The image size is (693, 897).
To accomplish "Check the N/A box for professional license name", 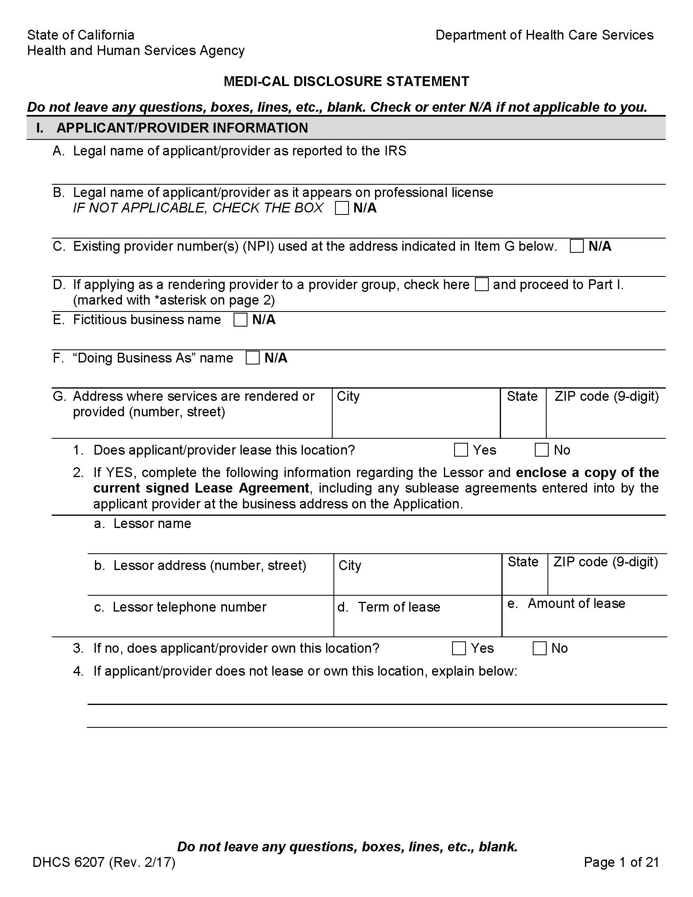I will pos(342,208).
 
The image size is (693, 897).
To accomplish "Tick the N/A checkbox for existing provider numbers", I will pos(576,246).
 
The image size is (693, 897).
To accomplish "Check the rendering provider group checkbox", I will pos(481,285).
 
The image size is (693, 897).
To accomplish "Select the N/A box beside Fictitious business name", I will pos(240,320).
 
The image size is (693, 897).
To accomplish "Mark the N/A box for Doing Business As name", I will pos(252,358).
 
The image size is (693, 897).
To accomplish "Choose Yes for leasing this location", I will pos(461,450).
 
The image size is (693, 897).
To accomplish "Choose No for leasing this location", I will pos(541,450).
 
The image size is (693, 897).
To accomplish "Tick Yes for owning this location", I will pos(459,649).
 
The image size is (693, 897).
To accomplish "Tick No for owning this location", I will pos(539,649).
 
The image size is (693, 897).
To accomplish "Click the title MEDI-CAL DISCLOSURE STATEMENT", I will pos(346,81).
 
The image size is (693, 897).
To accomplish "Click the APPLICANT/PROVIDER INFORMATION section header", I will pos(182,128).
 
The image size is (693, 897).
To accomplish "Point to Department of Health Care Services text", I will pos(544,35).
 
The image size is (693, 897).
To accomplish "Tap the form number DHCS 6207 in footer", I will pos(104,862).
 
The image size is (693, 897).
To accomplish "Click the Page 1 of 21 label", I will pos(621,862).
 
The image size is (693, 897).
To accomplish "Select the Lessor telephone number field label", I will pos(189,607).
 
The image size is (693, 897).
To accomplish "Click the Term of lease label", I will pos(398,607).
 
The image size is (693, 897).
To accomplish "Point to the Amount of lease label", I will pos(576,603).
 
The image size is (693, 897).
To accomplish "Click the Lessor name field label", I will pos(152,524).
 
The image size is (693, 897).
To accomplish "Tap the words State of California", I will pos(81,35).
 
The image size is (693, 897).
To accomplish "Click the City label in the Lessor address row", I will pos(349,566).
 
